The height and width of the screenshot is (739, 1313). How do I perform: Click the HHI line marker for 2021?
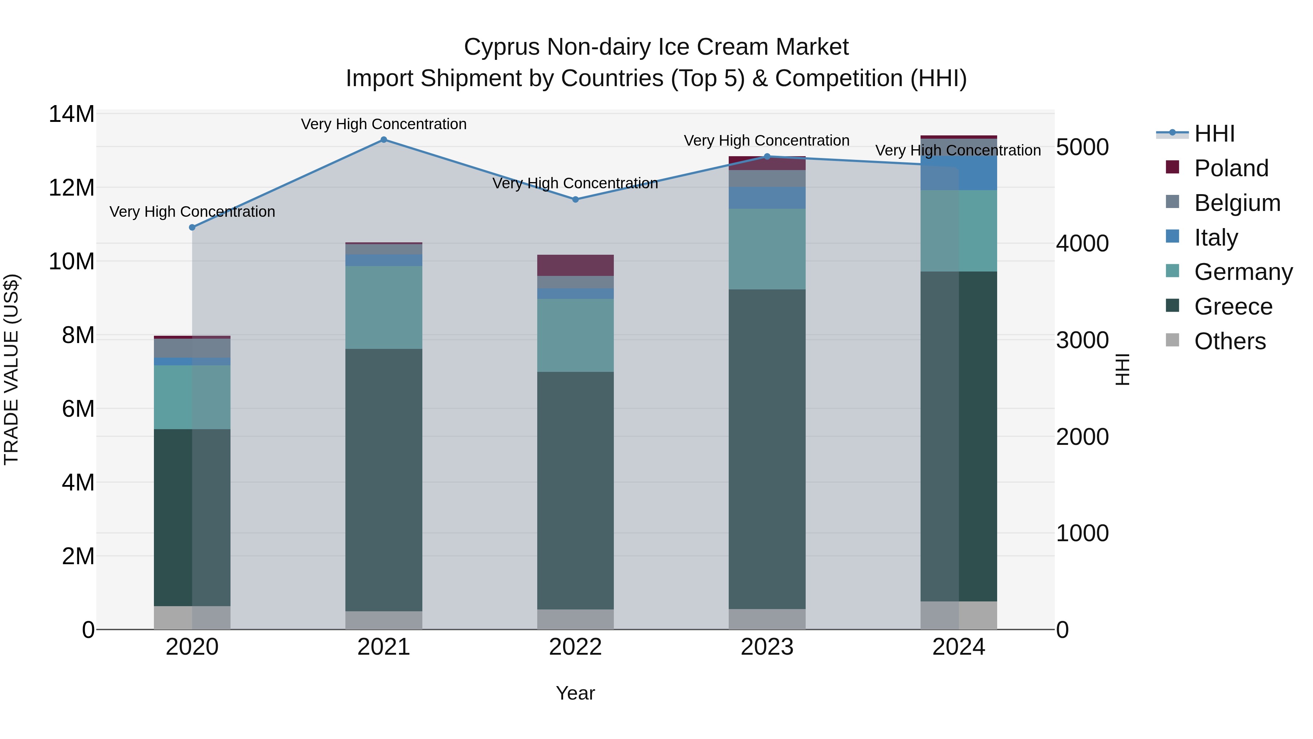point(384,140)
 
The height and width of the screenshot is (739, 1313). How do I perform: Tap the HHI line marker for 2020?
point(192,227)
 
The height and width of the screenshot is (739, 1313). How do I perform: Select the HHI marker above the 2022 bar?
point(576,199)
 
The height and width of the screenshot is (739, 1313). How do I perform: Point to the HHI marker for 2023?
point(767,157)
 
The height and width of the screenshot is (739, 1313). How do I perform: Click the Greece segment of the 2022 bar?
point(576,490)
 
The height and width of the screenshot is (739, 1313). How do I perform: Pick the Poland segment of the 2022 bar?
point(576,265)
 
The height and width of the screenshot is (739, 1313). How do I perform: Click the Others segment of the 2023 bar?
point(767,619)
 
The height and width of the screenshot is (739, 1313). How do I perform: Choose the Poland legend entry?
point(1231,168)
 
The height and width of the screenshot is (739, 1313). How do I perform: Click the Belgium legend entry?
point(1237,203)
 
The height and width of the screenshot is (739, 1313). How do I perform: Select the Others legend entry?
point(1229,341)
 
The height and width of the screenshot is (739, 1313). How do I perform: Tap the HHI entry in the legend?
point(1214,134)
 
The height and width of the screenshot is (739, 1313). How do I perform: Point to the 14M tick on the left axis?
point(71,114)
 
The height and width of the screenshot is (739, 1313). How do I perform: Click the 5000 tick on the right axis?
point(1082,147)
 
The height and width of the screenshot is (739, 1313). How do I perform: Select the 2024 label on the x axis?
point(959,647)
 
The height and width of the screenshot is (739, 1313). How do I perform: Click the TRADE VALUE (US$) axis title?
point(11,369)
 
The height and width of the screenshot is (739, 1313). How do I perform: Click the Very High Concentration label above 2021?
point(384,124)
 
